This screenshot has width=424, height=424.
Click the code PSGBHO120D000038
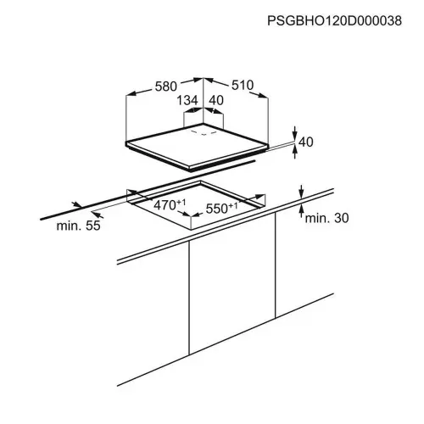pos(334,21)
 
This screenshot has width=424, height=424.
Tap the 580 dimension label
pos(166,86)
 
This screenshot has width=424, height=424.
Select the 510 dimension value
pos(243,85)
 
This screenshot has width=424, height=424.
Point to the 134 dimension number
pos(187,100)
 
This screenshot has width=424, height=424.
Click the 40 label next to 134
pos(216,100)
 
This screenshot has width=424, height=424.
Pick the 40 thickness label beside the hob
pos(306,142)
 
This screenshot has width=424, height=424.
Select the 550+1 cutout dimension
pos(221,209)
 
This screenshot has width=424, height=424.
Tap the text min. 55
pos(78,226)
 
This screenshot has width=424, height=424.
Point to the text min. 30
pos(326,218)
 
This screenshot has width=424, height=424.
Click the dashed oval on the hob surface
pos(204,132)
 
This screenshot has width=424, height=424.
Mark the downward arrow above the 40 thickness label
pos(295,133)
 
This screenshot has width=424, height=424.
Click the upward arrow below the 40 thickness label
pos(295,153)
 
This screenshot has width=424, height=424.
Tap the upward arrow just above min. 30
pos(302,210)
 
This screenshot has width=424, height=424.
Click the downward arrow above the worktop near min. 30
pos(302,192)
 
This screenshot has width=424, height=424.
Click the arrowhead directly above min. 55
pos(77,204)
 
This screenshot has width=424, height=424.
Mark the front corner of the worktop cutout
pos(191,217)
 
